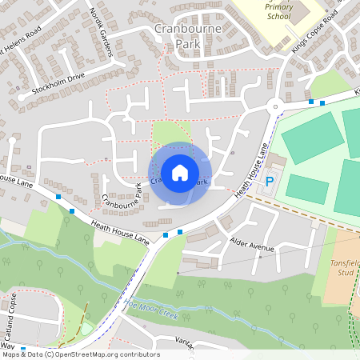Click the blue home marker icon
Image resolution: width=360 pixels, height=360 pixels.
click(x=179, y=172)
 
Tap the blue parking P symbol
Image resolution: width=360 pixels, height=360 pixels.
click(x=270, y=182)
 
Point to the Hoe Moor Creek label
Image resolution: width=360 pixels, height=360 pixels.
click(x=150, y=307)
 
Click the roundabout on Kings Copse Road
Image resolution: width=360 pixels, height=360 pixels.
click(x=275, y=106)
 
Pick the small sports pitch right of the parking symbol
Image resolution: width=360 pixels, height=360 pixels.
click(x=307, y=189)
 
